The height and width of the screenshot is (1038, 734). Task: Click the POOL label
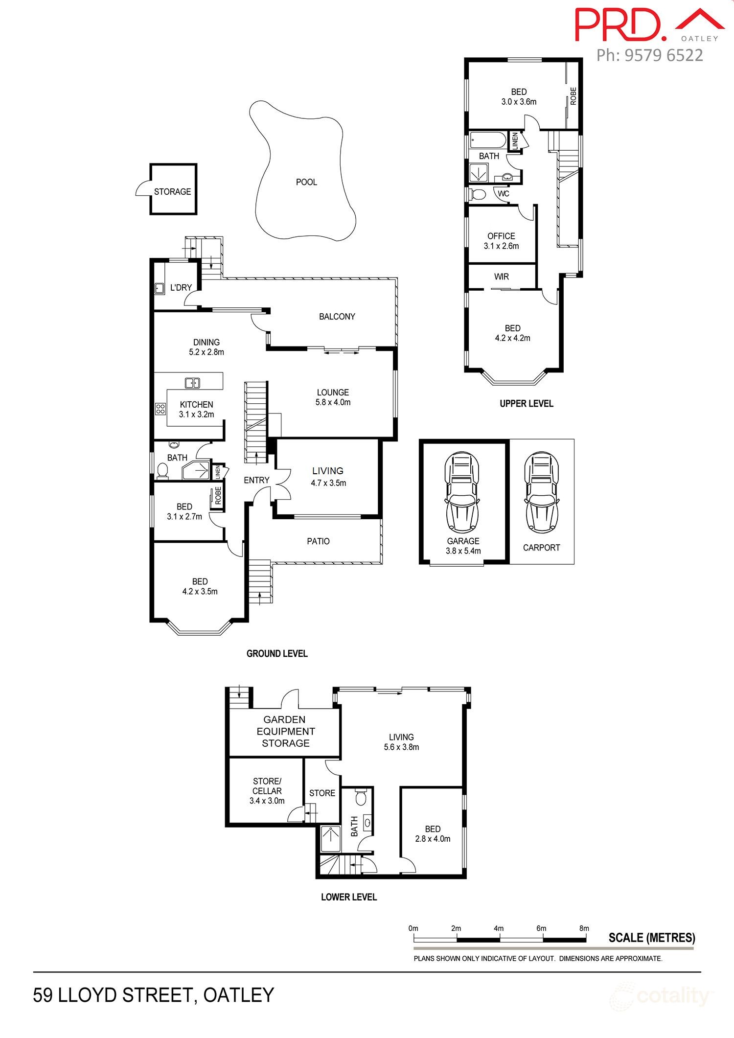point(306,182)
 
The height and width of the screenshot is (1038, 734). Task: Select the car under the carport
point(541,492)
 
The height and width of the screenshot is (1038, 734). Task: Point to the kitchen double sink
point(192,383)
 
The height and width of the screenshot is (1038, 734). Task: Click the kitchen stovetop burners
point(160,408)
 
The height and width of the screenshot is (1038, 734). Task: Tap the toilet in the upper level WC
point(477,194)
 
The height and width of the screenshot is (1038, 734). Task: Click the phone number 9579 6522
point(649,55)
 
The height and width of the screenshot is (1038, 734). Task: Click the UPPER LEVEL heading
point(526,403)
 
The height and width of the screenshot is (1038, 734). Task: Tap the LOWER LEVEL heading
point(349,897)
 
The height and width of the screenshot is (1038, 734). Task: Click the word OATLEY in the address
point(239,995)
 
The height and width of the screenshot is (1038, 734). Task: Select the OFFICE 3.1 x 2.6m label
point(501,241)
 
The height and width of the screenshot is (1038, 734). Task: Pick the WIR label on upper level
point(501,277)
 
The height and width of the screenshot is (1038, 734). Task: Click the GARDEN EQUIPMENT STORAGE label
point(285,731)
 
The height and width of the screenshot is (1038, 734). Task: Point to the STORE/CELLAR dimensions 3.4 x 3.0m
point(267,801)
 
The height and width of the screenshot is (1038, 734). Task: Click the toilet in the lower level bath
point(361,798)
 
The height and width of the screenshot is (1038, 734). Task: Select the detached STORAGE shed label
point(172,191)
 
